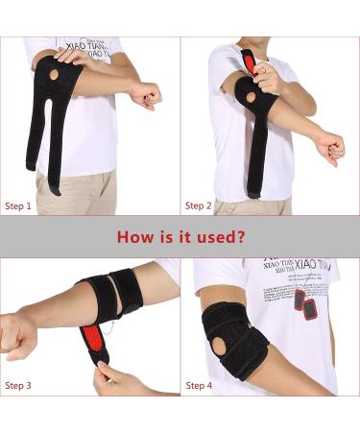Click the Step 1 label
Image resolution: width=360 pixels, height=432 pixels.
[x=19, y=205]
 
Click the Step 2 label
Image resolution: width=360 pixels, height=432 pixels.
[x=199, y=205]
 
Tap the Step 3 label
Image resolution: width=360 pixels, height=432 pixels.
[x=19, y=385]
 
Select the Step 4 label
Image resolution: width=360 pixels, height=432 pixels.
[x=199, y=385]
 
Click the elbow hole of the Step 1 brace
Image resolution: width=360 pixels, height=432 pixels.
[x=54, y=74]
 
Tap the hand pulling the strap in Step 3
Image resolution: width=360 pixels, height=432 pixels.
[x=110, y=376]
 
